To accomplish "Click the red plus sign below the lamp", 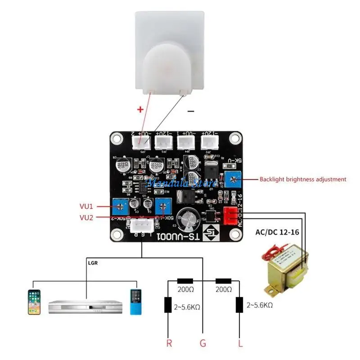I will click(x=141, y=109).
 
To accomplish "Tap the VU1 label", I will click(x=86, y=206).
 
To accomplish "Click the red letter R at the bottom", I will click(x=169, y=344).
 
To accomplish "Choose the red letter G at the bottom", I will click(x=203, y=344).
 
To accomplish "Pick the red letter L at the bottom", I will click(x=240, y=344).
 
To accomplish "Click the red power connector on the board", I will click(x=229, y=216).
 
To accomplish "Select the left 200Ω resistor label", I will click(x=186, y=290).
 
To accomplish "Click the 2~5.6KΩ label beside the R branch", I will click(x=187, y=307).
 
